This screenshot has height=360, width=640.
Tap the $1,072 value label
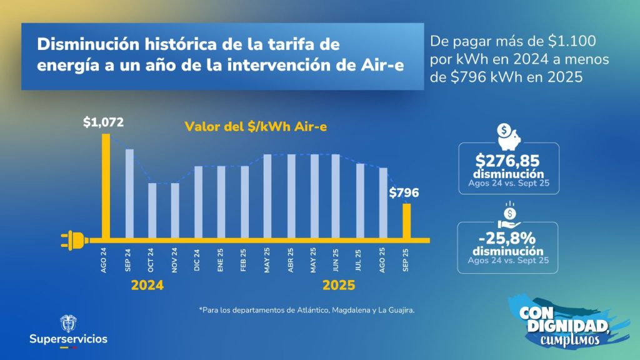point(104,122)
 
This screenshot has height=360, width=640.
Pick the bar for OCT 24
point(152,211)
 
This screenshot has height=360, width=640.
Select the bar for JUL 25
point(360,201)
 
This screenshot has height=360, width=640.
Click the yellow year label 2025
point(338,286)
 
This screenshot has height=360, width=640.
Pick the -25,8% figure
point(507,238)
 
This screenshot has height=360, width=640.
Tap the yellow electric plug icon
point(73,239)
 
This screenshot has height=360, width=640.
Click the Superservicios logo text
point(68,339)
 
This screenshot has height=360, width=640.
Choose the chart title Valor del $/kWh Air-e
point(256,126)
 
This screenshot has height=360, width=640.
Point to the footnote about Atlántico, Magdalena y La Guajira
point(307,310)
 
